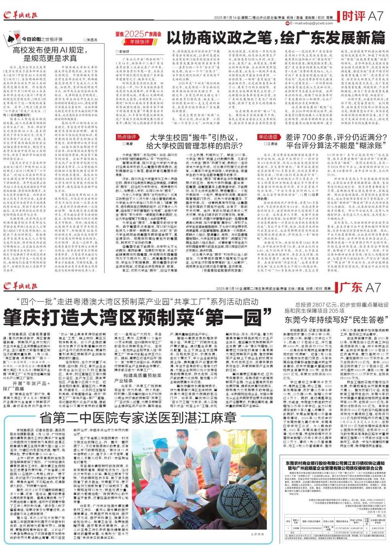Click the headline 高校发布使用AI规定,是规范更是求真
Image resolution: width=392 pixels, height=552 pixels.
click(x=51, y=54)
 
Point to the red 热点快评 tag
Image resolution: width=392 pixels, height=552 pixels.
click(x=127, y=137)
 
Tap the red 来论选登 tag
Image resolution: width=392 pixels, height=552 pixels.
click(x=268, y=137)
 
